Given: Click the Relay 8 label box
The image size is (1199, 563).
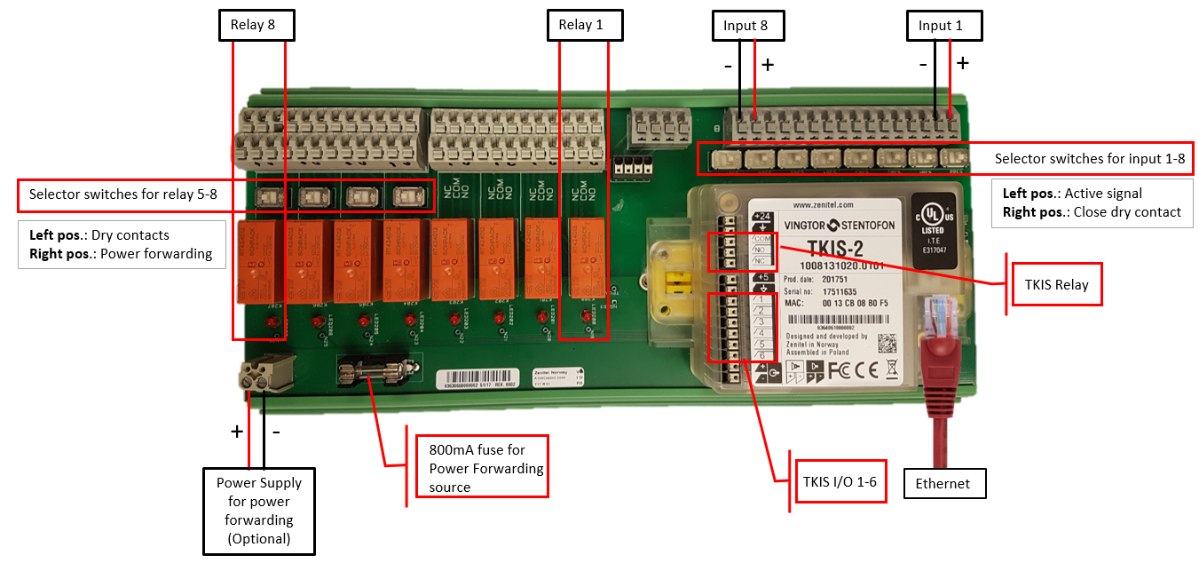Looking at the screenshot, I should [x=256, y=25].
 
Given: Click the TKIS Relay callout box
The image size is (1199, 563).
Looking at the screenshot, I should [x=1056, y=284].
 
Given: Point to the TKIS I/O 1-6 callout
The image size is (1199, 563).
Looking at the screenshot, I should [x=840, y=481].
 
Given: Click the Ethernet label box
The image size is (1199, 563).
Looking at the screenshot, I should [x=944, y=484].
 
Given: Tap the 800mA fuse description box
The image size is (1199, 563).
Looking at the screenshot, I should [x=482, y=466].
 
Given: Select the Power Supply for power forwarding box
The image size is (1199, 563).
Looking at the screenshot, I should [x=259, y=511].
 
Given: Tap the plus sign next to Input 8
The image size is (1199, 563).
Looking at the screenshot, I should [x=767, y=64].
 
